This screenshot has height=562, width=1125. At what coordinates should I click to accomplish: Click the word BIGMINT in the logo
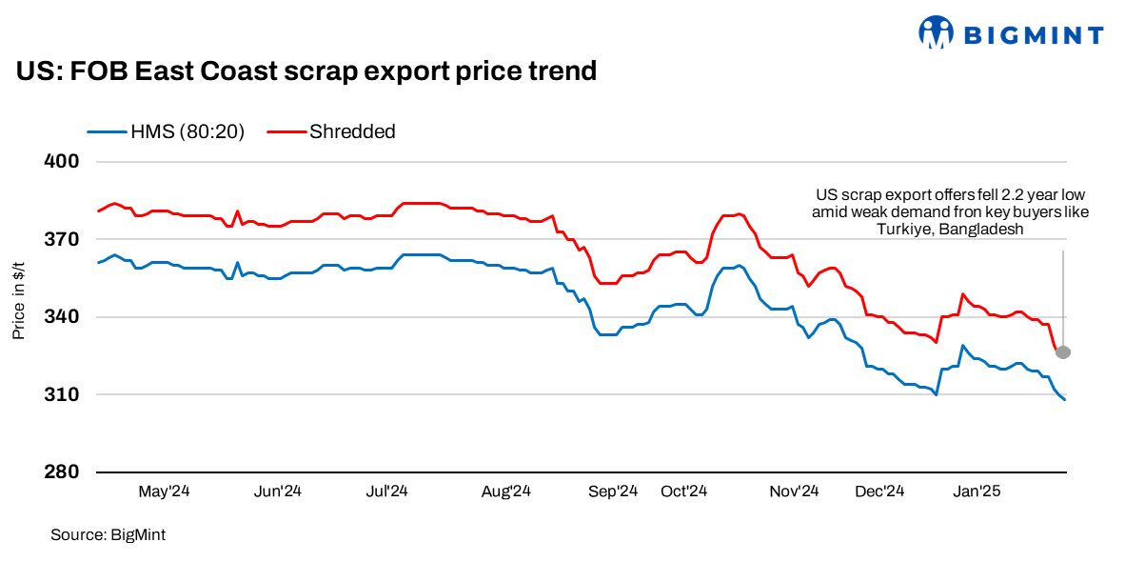[x=1034, y=36]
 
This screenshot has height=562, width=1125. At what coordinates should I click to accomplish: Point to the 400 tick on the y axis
[x=61, y=161]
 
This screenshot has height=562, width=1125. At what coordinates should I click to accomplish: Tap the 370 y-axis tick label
[x=61, y=239]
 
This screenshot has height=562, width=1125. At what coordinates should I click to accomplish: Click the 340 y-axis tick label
[x=61, y=317]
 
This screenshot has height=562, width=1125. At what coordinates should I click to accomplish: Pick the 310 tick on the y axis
[x=61, y=394]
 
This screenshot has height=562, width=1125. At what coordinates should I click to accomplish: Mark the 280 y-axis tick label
[x=61, y=472]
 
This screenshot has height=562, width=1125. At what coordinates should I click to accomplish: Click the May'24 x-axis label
[x=165, y=492]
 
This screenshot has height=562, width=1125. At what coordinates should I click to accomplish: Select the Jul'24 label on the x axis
[x=386, y=492]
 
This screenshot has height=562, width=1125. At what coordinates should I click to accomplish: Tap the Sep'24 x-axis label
[x=613, y=492]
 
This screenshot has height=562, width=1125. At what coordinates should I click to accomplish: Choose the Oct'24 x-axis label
[x=683, y=492]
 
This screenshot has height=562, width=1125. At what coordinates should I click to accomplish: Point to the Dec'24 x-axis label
[x=879, y=492]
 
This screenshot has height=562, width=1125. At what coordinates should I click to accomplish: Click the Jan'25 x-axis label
[x=977, y=492]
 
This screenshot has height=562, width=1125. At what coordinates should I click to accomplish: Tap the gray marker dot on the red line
[x=1063, y=352]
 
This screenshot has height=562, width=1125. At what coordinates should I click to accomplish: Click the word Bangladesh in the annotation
[x=982, y=230]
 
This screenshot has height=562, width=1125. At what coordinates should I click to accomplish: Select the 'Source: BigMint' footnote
[x=108, y=535]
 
